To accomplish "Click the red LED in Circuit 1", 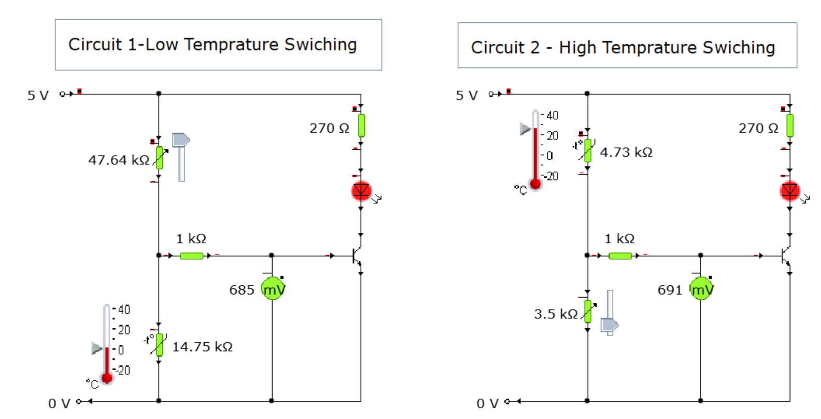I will [x=361, y=191].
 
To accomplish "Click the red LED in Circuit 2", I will [x=789, y=191].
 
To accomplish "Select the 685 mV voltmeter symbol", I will [x=273, y=289].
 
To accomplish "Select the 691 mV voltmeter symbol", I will [x=701, y=289].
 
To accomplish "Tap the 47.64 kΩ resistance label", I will [x=119, y=160].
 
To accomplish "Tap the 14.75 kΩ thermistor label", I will [x=202, y=347].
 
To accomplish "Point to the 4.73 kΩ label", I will [x=626, y=152].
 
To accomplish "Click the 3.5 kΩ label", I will [x=556, y=314].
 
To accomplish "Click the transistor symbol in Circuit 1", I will [x=357, y=256].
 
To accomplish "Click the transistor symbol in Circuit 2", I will [x=785, y=256].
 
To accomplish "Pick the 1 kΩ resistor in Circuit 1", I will [x=191, y=256].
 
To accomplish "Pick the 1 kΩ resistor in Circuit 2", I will [x=620, y=256].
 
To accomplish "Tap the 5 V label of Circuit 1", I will [x=38, y=96].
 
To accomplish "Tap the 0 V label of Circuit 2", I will [x=487, y=403].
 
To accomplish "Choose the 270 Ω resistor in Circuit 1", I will [x=361, y=125].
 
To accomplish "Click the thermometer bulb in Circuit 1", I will [x=107, y=378].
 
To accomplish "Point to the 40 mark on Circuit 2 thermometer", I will [x=553, y=116].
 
